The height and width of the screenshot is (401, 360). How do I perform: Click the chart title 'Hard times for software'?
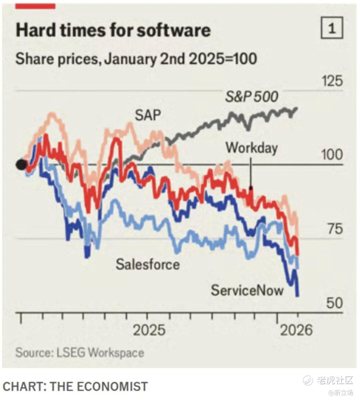(113, 30)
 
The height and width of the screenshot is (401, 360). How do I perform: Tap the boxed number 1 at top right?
(332, 29)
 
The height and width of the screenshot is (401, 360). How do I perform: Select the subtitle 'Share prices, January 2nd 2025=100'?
(136, 59)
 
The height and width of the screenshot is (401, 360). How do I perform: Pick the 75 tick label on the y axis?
(334, 229)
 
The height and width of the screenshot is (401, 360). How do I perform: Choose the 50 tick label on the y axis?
(334, 303)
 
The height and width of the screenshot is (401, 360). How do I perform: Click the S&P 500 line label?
(251, 97)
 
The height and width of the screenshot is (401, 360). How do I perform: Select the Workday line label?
(252, 148)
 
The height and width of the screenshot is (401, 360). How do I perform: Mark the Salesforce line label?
(148, 264)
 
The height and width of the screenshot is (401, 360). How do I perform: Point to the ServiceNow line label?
(247, 290)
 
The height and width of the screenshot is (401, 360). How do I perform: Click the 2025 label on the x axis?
(149, 330)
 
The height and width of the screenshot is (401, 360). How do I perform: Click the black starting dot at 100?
(21, 164)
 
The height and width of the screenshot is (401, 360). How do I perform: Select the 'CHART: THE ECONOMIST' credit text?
(75, 386)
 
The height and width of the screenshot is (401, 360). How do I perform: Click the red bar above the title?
(36, 6)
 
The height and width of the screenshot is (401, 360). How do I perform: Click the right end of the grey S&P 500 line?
(296, 108)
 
